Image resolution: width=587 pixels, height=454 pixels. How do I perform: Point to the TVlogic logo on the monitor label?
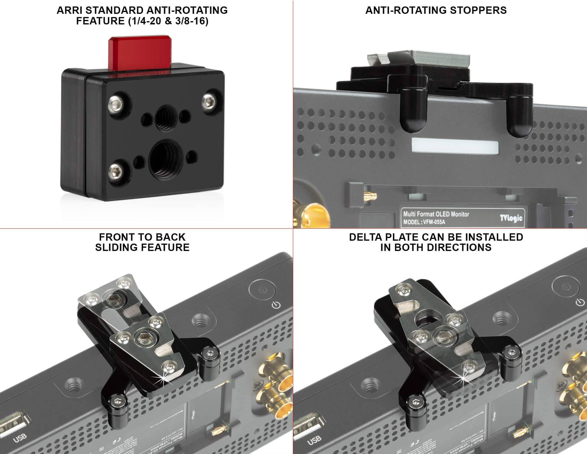pos(511,217)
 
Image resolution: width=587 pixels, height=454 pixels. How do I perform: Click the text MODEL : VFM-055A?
pos(424,222)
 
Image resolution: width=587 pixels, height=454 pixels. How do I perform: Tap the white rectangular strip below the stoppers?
pos(455,146)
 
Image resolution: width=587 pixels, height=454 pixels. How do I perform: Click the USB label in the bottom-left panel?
pos(20,437)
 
